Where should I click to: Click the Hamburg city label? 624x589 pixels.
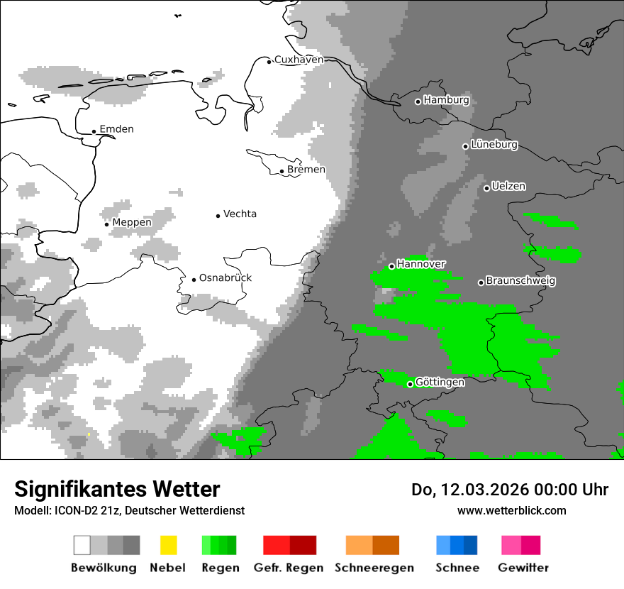point(446,100)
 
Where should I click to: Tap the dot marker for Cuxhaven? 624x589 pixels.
point(269,62)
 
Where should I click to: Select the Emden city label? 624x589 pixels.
point(116,129)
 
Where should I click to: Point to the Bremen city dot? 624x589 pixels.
point(282,171)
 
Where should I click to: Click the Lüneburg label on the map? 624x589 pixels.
point(494,145)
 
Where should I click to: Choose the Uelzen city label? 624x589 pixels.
point(508,187)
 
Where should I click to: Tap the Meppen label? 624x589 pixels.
point(132,223)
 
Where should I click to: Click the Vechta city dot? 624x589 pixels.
point(218,215)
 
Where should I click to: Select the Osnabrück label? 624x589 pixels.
point(225,278)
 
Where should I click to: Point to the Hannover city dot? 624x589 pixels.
point(391,266)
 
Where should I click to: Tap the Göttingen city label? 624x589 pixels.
point(440,382)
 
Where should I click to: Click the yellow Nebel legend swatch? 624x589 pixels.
point(168,545)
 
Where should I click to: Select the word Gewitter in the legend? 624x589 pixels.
point(523,568)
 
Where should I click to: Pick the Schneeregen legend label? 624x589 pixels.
point(374,568)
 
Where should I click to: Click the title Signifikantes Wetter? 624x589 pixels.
point(117,489)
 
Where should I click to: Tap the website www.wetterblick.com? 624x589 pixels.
point(511,510)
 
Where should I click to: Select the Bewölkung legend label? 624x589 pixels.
point(104,568)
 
